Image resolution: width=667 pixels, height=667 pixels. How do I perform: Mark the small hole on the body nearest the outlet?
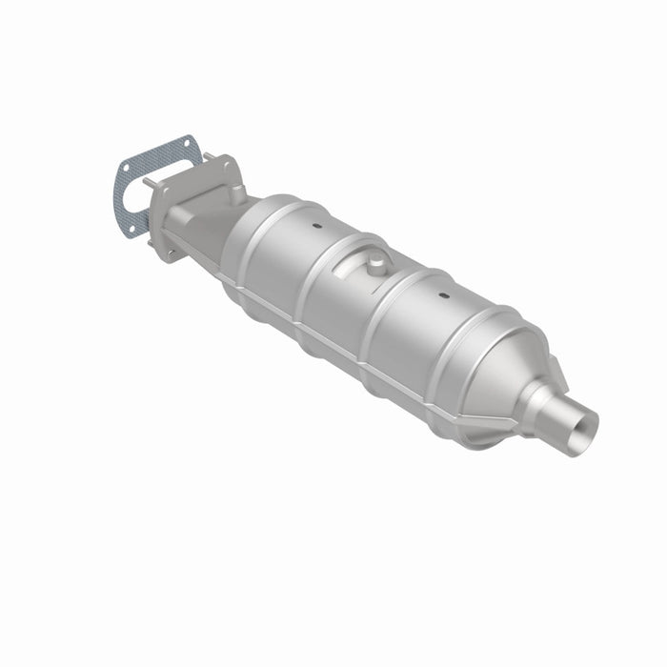coord(443,295)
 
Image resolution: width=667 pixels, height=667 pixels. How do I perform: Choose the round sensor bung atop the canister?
coord(372,258)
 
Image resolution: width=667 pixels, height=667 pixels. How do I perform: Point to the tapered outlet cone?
coord(515,367)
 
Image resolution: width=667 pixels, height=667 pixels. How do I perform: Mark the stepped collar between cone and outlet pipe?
coord(548,395)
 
